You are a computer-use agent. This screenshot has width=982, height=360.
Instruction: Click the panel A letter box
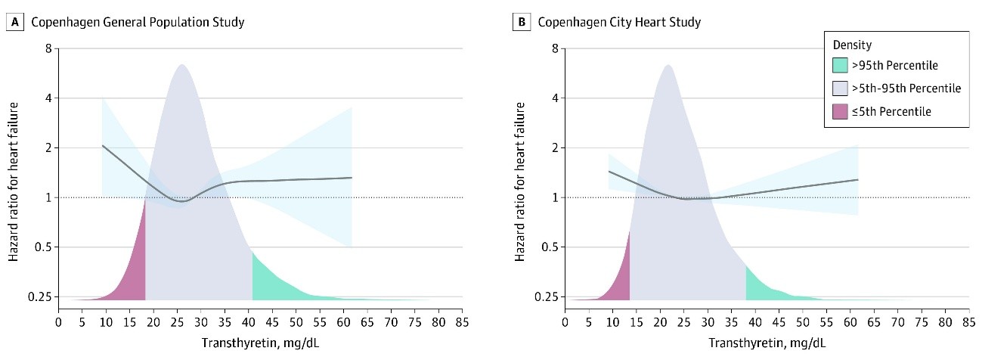[x=14, y=22]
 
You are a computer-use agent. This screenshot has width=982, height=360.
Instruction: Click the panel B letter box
[x=520, y=22]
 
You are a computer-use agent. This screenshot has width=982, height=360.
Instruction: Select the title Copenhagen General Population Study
[x=137, y=22]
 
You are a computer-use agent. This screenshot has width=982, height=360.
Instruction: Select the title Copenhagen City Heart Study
[x=619, y=22]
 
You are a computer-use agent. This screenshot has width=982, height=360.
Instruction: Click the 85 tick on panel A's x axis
[x=461, y=322]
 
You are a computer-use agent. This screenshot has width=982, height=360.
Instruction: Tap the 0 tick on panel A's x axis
[x=59, y=322]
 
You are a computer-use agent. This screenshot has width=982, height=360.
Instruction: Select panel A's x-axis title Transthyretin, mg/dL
[x=260, y=343]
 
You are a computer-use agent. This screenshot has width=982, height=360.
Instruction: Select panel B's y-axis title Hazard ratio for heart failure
[x=521, y=173]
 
